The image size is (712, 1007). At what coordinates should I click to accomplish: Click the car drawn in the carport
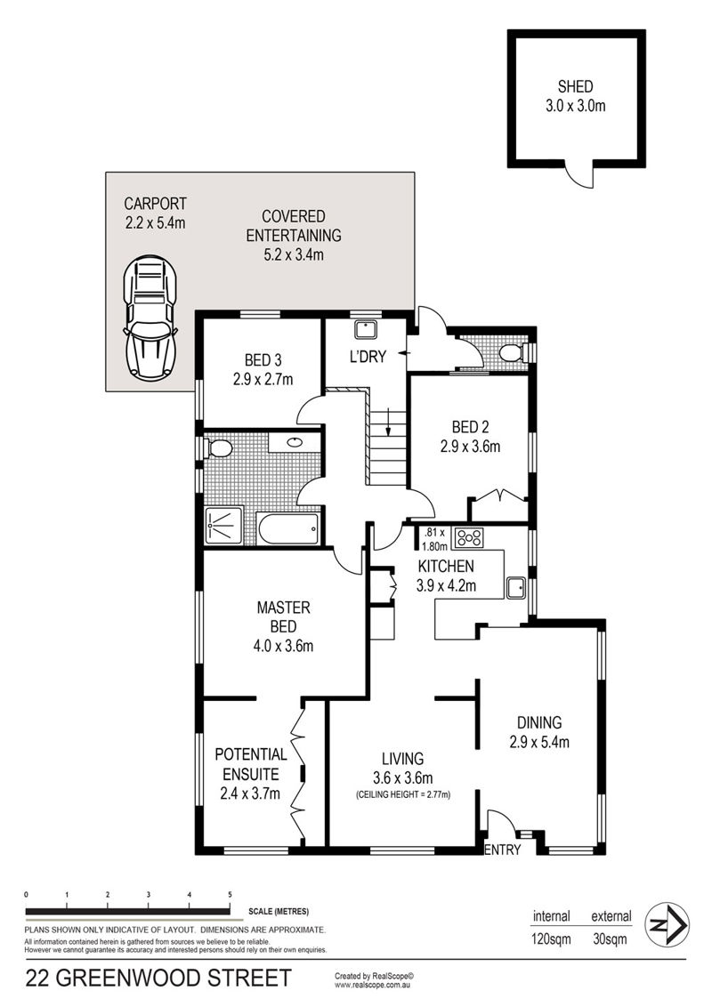coord(150,318)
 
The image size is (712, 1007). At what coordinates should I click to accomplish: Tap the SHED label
coord(575,86)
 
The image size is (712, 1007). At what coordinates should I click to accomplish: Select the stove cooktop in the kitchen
coord(468,537)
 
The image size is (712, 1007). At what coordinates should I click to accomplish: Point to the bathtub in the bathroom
coord(287,528)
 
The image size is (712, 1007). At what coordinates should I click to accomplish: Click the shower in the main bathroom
coord(223,527)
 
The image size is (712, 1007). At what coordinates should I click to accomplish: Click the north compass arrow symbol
coord(667,924)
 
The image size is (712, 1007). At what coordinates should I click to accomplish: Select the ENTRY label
coord(502,850)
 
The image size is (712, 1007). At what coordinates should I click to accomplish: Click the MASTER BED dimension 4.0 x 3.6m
coord(283,646)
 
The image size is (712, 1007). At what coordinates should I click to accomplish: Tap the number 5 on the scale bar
coord(230,894)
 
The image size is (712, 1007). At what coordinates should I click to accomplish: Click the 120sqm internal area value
coord(551,939)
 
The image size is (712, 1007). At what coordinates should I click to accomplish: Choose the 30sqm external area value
coord(609,939)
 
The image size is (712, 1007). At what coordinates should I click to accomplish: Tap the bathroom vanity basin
coord(295,442)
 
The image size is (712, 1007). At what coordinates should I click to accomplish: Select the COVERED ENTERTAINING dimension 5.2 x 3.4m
coord(294,254)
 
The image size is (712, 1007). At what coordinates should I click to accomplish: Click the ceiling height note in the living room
coord(403,794)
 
